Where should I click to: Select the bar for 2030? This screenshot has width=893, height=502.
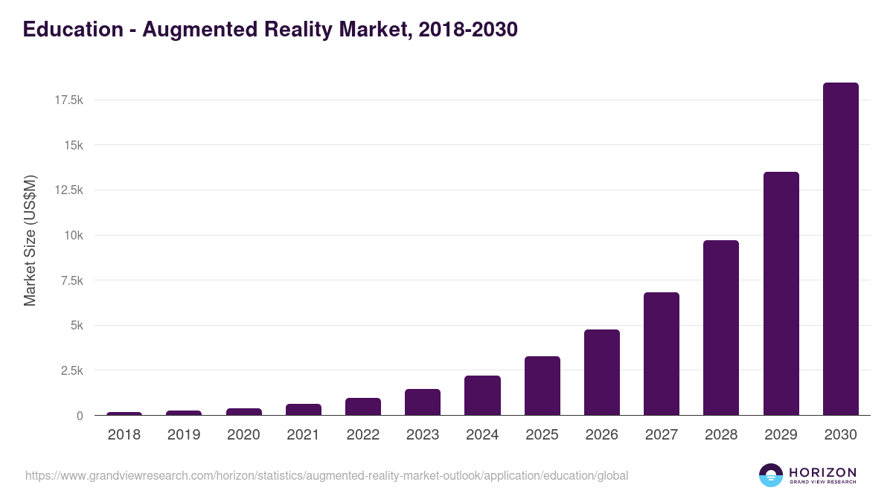[840, 249]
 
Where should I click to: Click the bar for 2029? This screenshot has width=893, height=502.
[781, 294]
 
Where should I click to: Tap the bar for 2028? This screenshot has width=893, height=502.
[721, 328]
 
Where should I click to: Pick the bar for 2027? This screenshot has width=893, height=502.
[662, 354]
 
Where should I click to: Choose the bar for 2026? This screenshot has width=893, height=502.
[602, 373]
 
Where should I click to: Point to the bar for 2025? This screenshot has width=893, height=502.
[542, 386]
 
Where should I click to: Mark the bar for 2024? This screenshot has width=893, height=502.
[482, 396]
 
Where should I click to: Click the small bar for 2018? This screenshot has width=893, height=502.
[124, 413]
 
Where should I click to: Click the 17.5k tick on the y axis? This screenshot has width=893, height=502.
[68, 100]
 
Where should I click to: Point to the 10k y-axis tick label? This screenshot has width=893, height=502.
[73, 235]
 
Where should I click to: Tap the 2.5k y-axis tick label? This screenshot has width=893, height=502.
[71, 370]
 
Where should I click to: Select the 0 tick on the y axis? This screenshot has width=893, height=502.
[80, 416]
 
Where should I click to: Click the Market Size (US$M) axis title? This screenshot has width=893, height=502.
[30, 241]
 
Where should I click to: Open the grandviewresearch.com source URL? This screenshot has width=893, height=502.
[327, 475]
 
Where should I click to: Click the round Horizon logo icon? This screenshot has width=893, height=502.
[771, 475]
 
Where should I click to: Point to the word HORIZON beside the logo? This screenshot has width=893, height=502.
[822, 472]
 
